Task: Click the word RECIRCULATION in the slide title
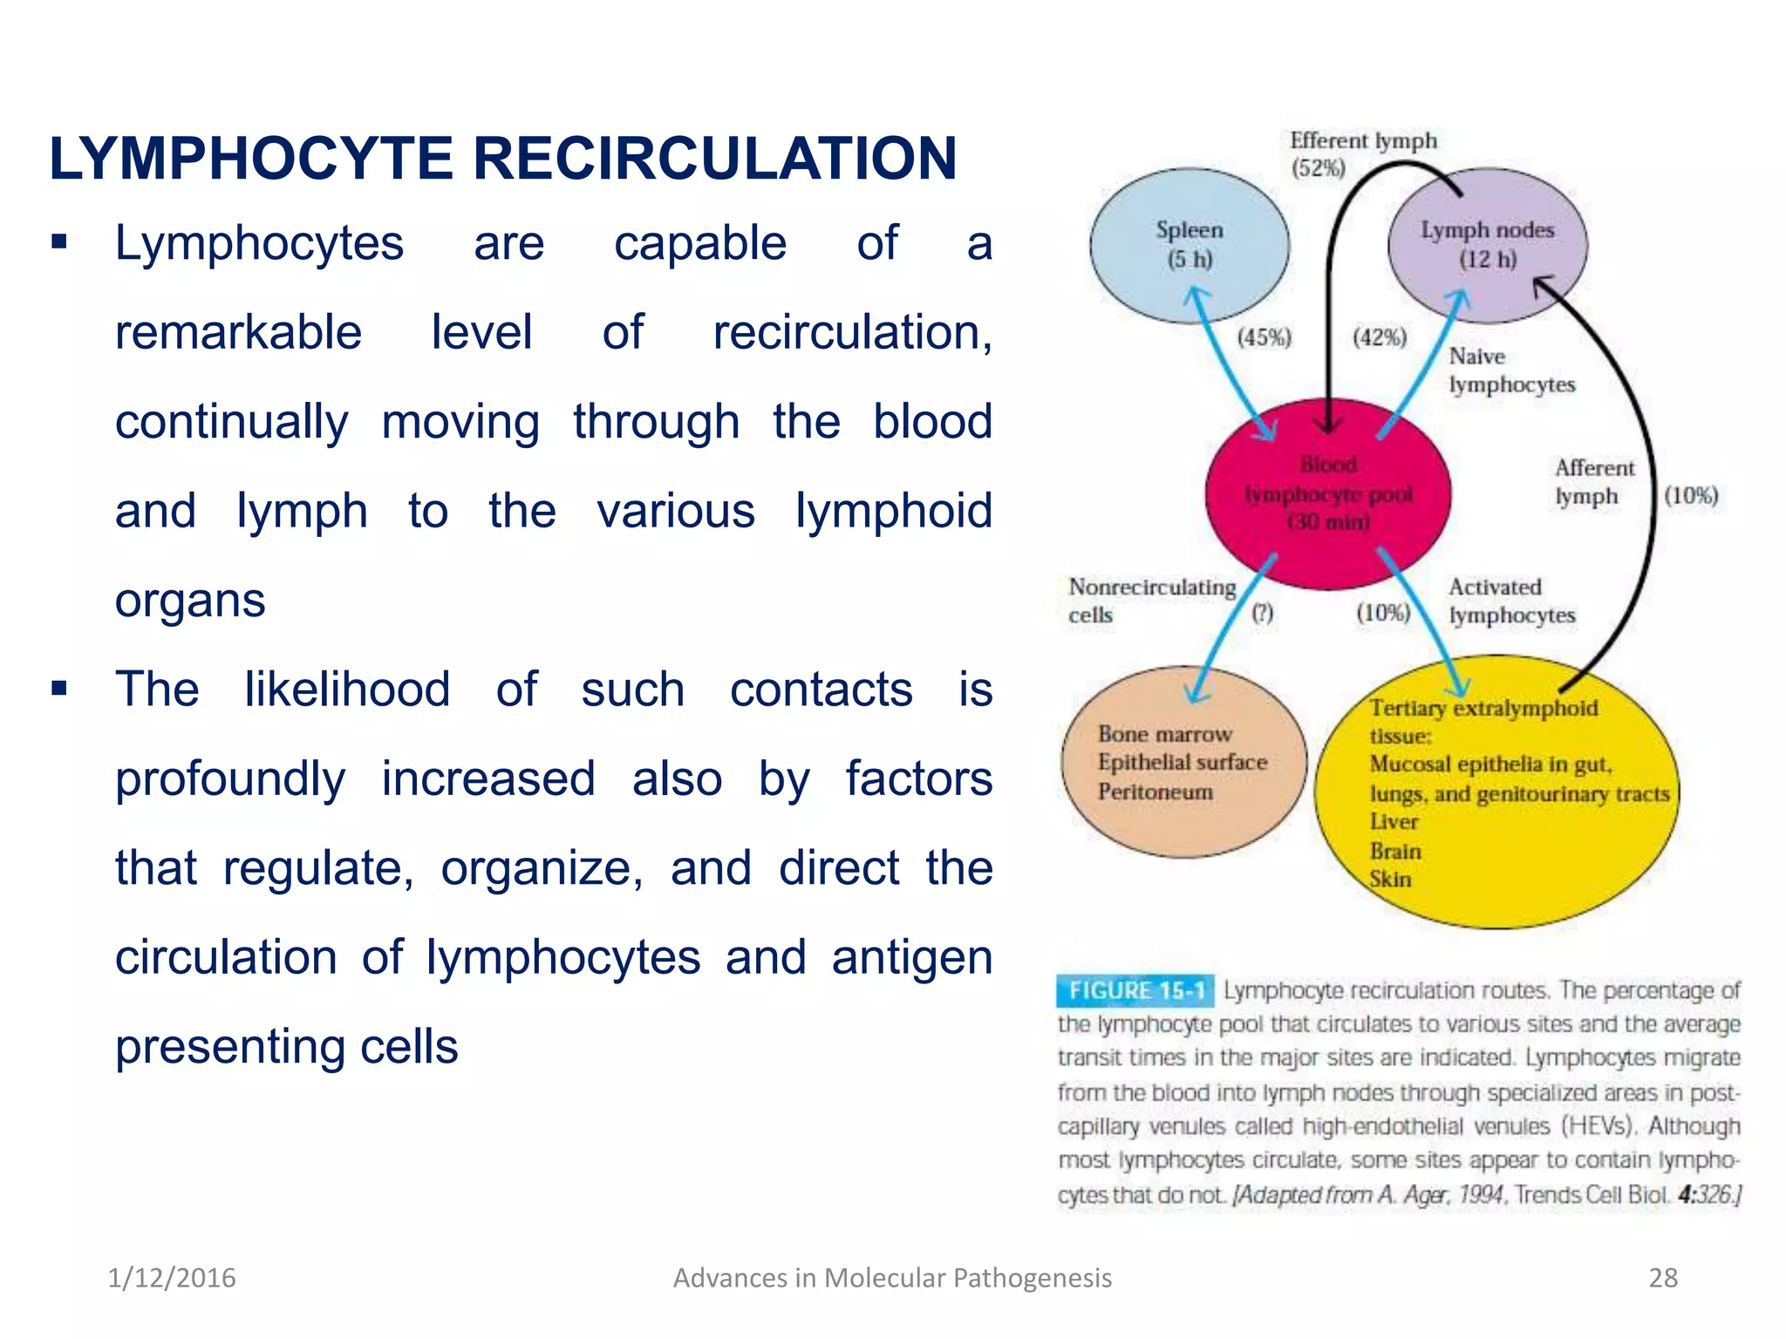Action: point(714,160)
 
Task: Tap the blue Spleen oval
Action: point(1189,245)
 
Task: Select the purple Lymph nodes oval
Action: point(1488,245)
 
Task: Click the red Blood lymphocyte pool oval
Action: point(1327,493)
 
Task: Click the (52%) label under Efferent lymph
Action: point(1318,168)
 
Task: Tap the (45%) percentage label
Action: point(1265,337)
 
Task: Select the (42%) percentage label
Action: point(1380,337)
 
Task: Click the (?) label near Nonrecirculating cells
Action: point(1263,613)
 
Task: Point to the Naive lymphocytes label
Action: point(1511,370)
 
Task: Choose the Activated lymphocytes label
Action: point(1511,601)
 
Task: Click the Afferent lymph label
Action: point(1594,482)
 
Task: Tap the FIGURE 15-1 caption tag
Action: point(1135,990)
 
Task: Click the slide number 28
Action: point(1663,1278)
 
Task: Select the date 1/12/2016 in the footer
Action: point(172,1278)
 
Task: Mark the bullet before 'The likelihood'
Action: point(59,689)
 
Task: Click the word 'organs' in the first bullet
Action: point(190,601)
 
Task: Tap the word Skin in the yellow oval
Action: point(1390,879)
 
